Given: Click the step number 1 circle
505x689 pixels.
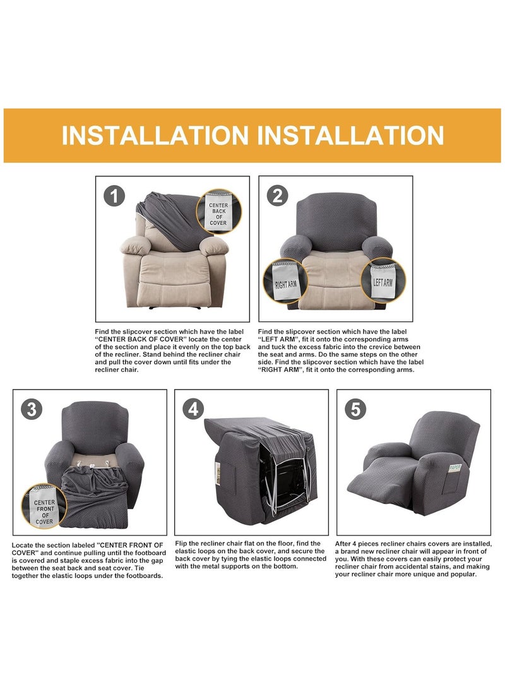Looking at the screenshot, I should coord(114,196).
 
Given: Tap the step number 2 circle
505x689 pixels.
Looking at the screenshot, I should coord(277,196).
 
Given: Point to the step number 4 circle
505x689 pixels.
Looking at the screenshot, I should coord(194,410).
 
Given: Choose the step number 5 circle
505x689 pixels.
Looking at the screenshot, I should coord(355,410).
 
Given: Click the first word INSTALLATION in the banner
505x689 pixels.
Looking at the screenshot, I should coord(155,136).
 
